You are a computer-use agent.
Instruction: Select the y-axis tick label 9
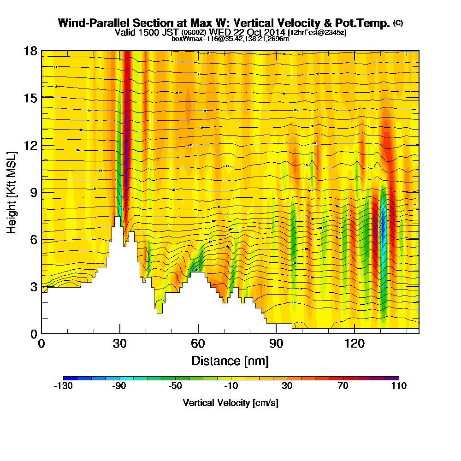tap(33, 192)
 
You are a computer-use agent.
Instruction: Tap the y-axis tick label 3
tap(33, 286)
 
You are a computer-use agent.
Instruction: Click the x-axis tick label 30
tap(120, 344)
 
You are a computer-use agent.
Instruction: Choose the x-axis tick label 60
tap(198, 344)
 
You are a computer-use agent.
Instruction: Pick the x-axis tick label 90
tap(276, 344)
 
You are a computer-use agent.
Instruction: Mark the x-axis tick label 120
tap(354, 344)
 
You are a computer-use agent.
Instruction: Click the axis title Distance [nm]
tap(230, 360)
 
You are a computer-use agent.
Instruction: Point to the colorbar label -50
tap(175, 386)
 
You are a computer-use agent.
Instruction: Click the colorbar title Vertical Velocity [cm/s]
tap(230, 403)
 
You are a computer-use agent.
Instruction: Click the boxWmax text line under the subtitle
tap(230, 39)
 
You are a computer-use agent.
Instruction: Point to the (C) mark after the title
tap(398, 23)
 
